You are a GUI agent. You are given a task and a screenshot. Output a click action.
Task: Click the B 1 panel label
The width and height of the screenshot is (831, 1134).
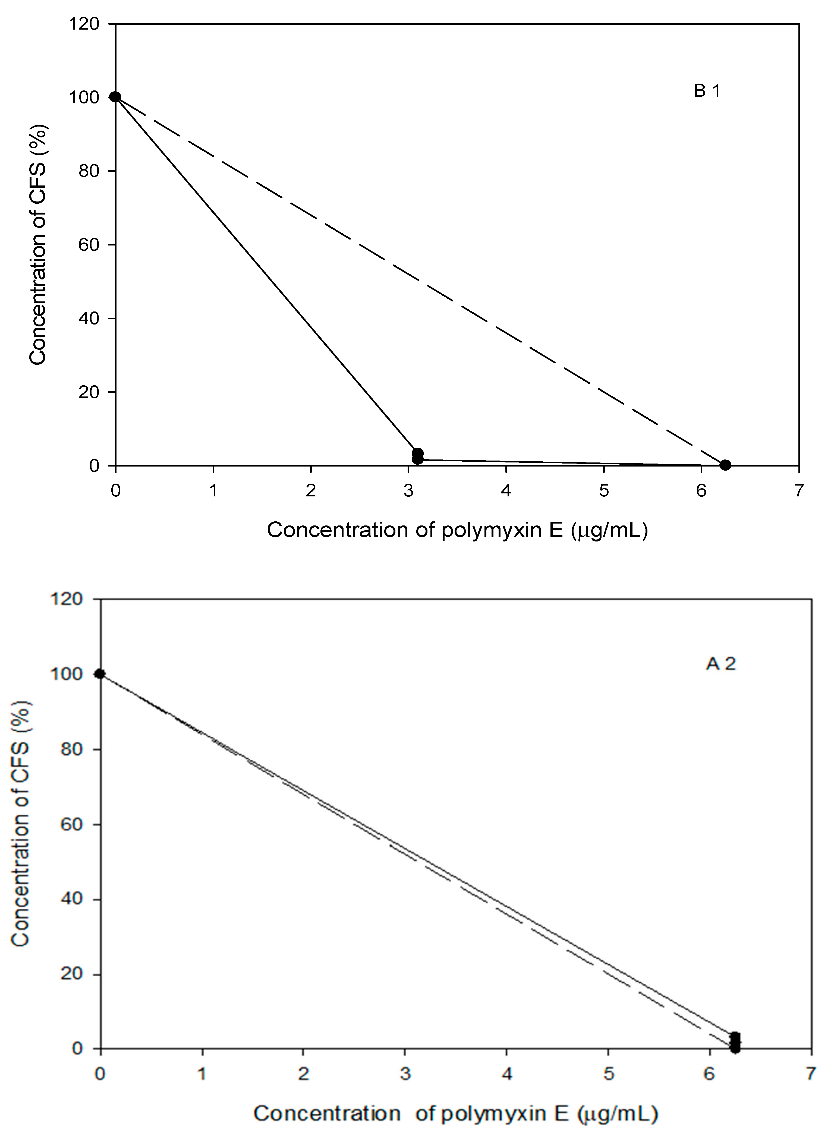(x=707, y=91)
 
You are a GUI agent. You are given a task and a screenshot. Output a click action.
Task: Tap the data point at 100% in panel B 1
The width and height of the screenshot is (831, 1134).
(x=115, y=97)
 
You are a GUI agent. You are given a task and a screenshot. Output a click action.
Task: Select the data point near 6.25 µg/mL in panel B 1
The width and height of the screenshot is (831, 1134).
(x=725, y=465)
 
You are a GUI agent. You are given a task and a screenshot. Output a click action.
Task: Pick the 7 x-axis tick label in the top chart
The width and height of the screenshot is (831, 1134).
(x=799, y=490)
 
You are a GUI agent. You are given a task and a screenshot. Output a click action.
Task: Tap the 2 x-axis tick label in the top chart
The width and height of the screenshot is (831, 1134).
(x=311, y=490)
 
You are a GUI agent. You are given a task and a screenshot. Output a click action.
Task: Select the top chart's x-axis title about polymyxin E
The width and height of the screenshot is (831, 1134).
(x=457, y=530)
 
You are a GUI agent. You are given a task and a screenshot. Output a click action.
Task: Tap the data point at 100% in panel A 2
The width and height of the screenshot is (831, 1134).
(x=100, y=674)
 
